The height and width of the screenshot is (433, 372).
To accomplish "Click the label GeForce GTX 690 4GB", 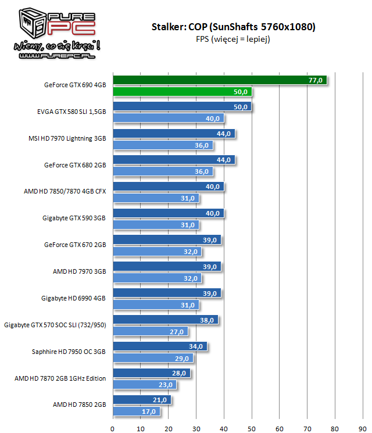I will (75, 85).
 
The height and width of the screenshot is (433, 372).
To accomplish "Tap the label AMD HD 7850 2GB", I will (79, 405).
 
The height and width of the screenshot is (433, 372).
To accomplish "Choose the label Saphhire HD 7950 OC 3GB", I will (69, 352).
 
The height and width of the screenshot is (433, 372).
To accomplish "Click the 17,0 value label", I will (150, 411).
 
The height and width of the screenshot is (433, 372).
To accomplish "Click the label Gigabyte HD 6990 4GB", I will (73, 298).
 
